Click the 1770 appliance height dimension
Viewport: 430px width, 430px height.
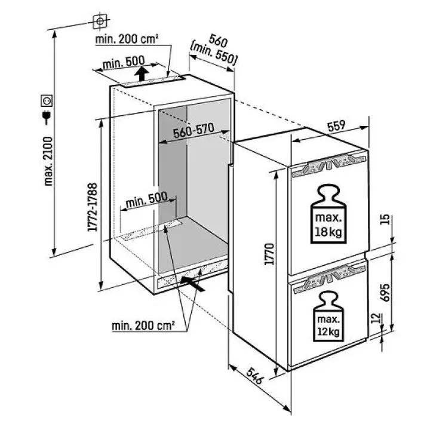click(270, 253)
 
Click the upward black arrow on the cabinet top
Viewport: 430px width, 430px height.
click(141, 75)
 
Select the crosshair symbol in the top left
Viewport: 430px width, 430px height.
click(100, 21)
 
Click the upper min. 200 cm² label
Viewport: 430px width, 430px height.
click(127, 39)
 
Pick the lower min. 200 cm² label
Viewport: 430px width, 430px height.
click(143, 325)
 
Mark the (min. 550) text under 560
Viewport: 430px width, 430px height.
click(214, 54)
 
